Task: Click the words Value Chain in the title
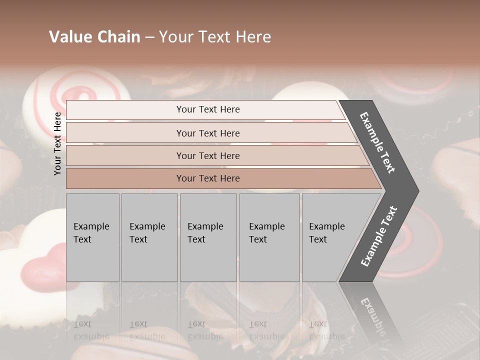pyautogui.click(x=94, y=37)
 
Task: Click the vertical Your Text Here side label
pyautogui.click(x=58, y=143)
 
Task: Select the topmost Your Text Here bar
pyautogui.click(x=207, y=109)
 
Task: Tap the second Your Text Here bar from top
pyautogui.click(x=207, y=133)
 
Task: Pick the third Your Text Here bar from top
pyautogui.click(x=207, y=155)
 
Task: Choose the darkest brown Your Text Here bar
pyautogui.click(x=207, y=178)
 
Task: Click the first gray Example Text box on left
pyautogui.click(x=92, y=237)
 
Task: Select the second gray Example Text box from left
pyautogui.click(x=149, y=237)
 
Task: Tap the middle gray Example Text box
pyautogui.click(x=208, y=237)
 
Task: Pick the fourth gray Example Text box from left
pyautogui.click(x=269, y=237)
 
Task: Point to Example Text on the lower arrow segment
pyautogui.click(x=379, y=236)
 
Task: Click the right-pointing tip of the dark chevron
pyautogui.click(x=416, y=191)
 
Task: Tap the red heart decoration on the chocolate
pyautogui.click(x=39, y=270)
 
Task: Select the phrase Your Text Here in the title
pyautogui.click(x=215, y=37)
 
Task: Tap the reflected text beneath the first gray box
pyautogui.click(x=91, y=330)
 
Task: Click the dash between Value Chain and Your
pyautogui.click(x=149, y=37)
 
